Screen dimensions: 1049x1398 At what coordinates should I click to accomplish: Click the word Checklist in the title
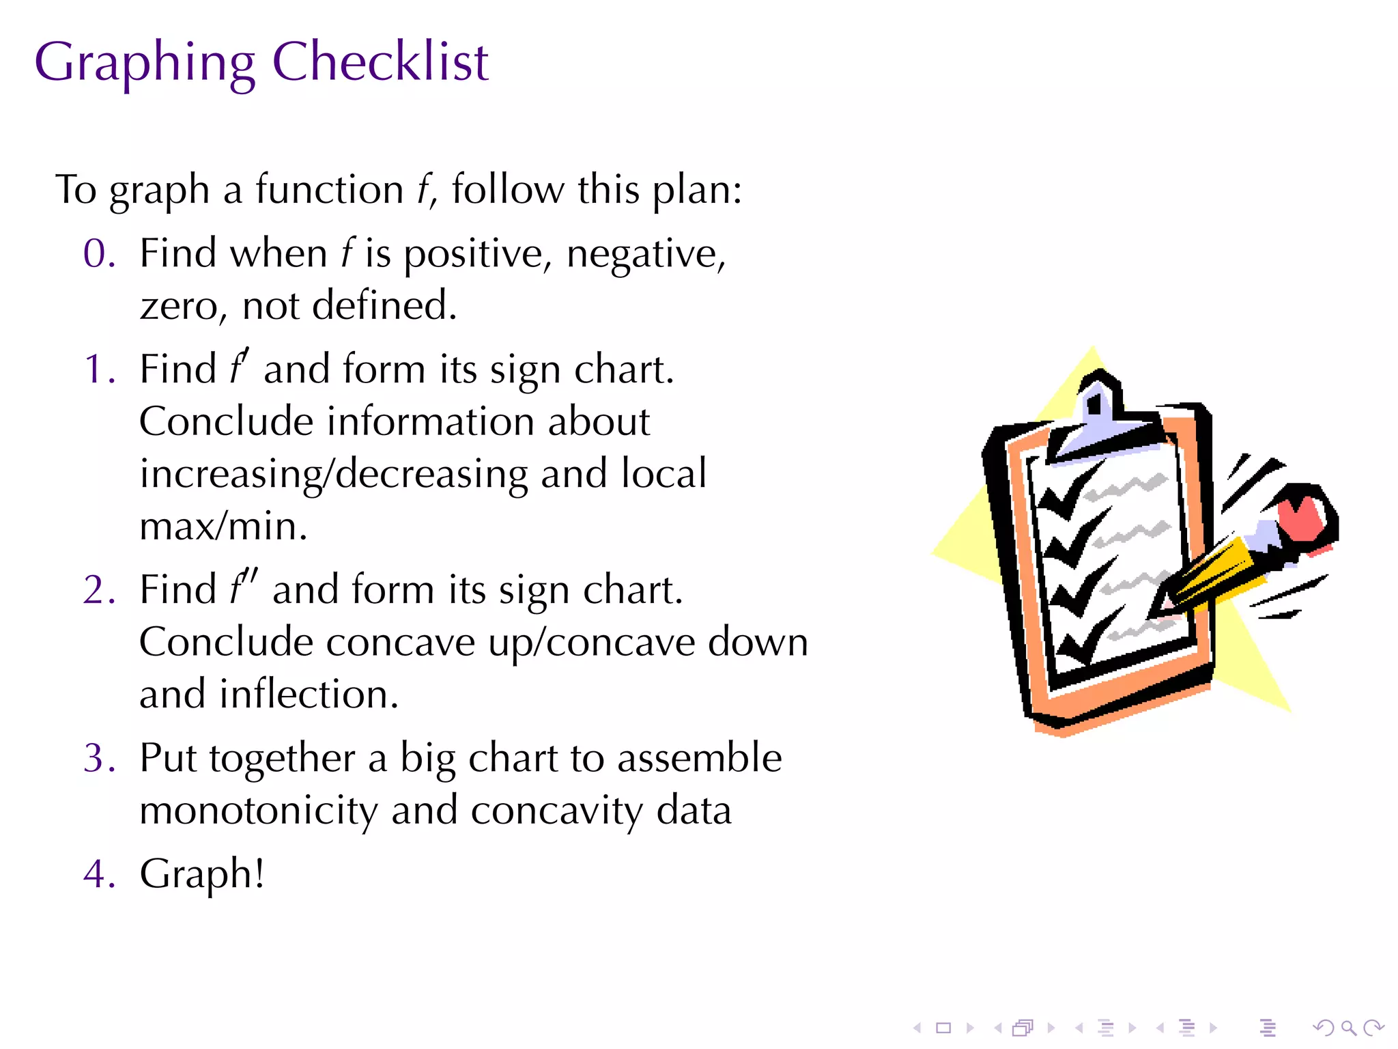380,61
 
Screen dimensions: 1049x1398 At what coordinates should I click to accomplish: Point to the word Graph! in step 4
202,874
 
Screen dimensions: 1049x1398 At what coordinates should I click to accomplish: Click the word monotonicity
258,811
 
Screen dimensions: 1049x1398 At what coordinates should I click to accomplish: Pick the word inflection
309,695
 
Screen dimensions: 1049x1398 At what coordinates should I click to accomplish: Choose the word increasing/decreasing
334,474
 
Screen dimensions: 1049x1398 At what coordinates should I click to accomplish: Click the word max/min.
223,527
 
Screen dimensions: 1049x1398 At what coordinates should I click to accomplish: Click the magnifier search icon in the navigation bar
1348,1027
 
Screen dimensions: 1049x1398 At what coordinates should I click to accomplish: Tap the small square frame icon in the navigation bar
943,1027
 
